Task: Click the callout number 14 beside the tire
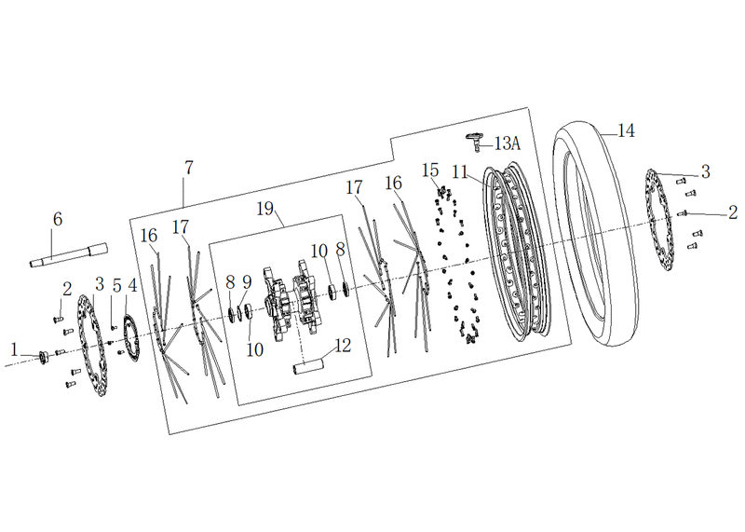626,130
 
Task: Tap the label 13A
508,143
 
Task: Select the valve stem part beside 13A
475,142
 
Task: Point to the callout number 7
189,168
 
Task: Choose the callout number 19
265,209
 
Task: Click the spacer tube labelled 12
308,367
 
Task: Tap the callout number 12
342,346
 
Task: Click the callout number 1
14,350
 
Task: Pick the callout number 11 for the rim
460,172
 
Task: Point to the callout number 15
431,170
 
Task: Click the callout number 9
247,282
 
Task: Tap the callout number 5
117,286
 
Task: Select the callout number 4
132,286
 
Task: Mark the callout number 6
58,219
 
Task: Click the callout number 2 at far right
733,212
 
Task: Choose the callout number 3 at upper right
706,171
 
